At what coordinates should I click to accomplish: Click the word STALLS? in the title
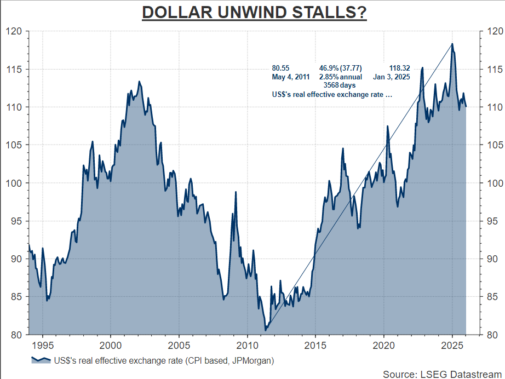[330, 12]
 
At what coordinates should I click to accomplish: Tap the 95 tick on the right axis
[491, 221]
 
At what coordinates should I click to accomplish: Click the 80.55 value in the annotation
[280, 68]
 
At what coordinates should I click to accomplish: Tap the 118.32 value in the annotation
[399, 68]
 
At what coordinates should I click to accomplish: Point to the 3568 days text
[340, 85]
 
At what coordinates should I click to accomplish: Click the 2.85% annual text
[341, 77]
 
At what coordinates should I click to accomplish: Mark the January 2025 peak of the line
[452, 44]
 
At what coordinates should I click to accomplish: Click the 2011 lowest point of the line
[265, 330]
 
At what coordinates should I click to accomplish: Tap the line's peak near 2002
[139, 82]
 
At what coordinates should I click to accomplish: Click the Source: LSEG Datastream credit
[441, 374]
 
